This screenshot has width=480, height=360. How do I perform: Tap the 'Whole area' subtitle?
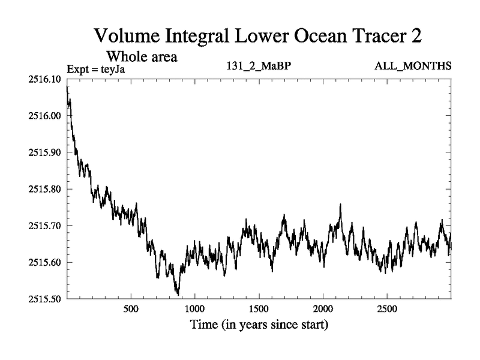tap(141, 57)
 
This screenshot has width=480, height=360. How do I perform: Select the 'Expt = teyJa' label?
tap(95, 70)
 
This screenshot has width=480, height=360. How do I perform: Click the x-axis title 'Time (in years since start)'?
tap(259, 326)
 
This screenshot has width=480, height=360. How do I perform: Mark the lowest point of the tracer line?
tap(178, 295)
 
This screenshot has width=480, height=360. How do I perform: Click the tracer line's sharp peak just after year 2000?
tap(340, 205)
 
